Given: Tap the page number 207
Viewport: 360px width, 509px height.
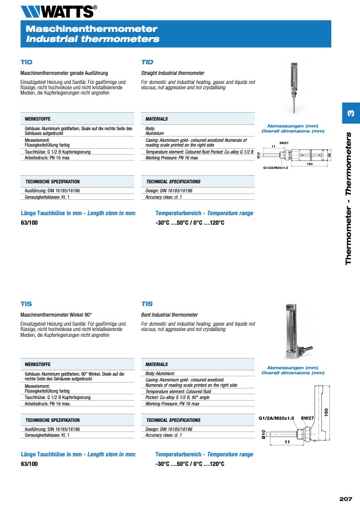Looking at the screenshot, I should click(x=346, y=498).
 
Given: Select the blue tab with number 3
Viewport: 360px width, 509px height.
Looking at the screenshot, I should click(x=350, y=113).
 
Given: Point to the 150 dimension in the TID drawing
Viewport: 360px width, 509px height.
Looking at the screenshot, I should click(x=309, y=164).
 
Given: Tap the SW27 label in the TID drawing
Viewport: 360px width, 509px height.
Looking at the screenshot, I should click(x=284, y=143).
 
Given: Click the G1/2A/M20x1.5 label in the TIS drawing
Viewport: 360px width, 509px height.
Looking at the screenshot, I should click(x=277, y=418).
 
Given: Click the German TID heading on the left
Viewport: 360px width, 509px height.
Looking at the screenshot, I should click(x=26, y=62).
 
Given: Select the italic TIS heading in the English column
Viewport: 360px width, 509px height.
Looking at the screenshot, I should click(x=147, y=304).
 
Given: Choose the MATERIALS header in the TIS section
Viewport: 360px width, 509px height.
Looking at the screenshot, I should click(x=156, y=364).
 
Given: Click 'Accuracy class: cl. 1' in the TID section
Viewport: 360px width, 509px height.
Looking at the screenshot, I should click(x=164, y=197).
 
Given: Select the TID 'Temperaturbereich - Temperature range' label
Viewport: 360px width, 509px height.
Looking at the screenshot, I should click(x=204, y=213).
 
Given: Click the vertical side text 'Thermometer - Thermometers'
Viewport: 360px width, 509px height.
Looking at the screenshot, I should click(x=349, y=198).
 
